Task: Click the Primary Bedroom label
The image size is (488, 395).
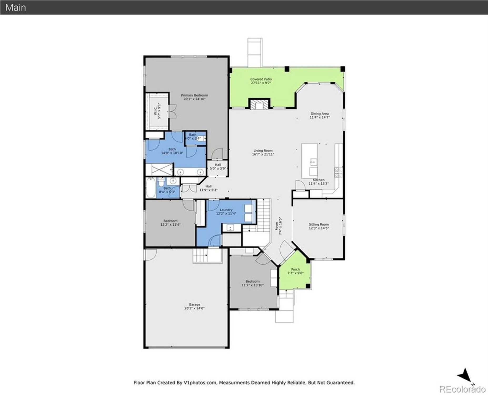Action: coord(194,95)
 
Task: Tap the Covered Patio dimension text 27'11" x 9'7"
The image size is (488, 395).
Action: coord(261,83)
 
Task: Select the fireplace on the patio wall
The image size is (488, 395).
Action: coord(260,105)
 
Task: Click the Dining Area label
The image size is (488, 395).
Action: coord(319,114)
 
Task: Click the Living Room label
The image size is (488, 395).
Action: coord(263,151)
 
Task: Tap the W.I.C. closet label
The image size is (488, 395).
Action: coord(156,111)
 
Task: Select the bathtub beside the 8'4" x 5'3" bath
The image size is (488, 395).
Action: coord(151,187)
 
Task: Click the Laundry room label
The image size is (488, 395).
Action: coord(226,210)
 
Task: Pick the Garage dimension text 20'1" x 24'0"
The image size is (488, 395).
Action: coord(194,308)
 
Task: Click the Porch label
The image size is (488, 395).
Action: coord(295,269)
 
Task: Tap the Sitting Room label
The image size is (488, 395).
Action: coord(319,224)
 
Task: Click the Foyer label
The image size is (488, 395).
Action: coord(277,226)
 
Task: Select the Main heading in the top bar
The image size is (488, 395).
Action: coord(16,7)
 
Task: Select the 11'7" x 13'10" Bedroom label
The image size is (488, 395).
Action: coord(252,281)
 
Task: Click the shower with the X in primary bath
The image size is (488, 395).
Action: coord(159,170)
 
